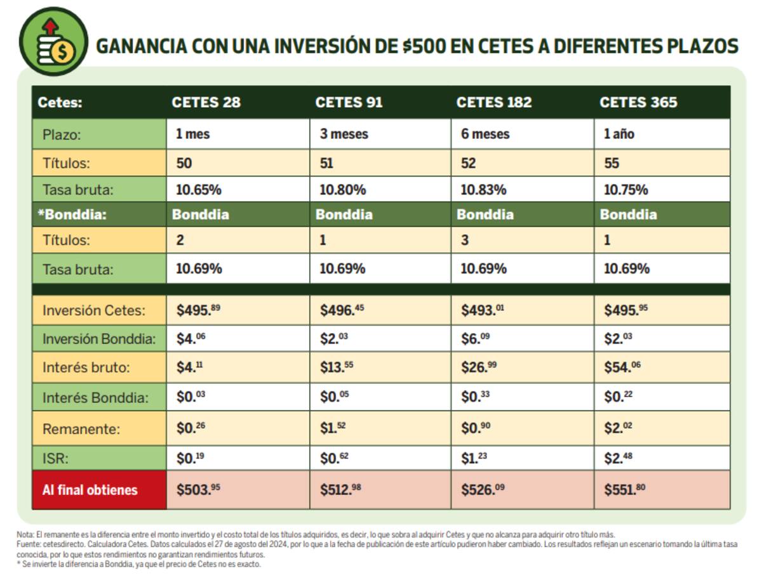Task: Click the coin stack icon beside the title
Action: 54,42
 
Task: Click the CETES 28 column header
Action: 206,102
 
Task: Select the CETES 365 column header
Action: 638,102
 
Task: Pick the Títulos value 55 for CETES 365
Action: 612,163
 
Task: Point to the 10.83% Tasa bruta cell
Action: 483,190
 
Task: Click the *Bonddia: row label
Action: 71,214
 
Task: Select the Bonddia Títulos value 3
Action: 465,241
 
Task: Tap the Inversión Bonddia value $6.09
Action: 475,339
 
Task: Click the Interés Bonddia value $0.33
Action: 475,398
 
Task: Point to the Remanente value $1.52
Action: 333,428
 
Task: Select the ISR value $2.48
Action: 617,457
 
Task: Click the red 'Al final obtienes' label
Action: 90,490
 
